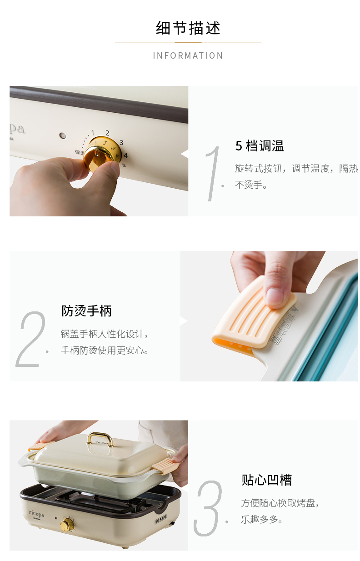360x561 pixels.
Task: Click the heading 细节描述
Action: click(x=188, y=28)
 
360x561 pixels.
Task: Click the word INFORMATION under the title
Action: click(x=188, y=55)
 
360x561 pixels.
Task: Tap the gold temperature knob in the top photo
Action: click(x=102, y=153)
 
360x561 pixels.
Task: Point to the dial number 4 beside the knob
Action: click(x=125, y=155)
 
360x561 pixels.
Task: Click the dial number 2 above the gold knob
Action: click(x=107, y=133)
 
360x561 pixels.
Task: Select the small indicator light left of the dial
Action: click(x=63, y=135)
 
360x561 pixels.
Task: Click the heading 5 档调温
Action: click(x=260, y=146)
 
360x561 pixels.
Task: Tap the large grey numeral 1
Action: click(x=212, y=174)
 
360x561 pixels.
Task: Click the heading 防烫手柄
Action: click(x=87, y=311)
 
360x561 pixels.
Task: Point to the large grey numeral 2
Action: click(x=30, y=339)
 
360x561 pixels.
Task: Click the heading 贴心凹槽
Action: click(x=266, y=480)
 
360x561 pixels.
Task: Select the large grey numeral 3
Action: click(x=208, y=508)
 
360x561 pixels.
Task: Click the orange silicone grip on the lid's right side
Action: click(x=165, y=464)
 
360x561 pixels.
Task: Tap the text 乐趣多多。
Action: click(x=262, y=520)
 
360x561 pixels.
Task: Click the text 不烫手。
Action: click(x=251, y=185)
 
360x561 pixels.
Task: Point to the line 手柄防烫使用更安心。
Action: click(x=105, y=351)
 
